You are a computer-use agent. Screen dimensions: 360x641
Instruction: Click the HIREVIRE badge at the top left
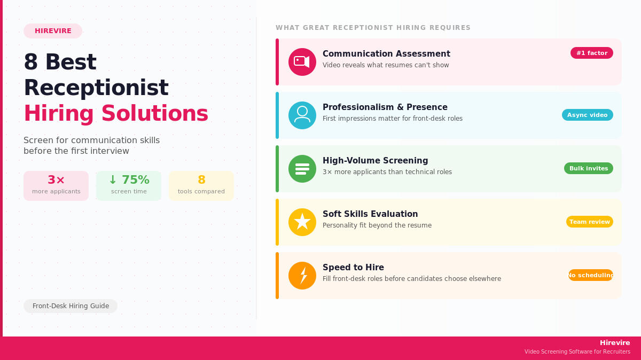click(x=53, y=31)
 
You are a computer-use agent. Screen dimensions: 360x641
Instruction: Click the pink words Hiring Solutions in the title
click(x=116, y=113)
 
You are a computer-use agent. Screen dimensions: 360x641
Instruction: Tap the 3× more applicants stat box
click(x=56, y=185)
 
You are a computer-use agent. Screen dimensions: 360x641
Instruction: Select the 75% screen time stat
click(x=129, y=185)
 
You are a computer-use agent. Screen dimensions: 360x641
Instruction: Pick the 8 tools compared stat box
click(x=201, y=185)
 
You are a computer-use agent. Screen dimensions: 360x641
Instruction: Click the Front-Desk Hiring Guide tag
click(x=71, y=306)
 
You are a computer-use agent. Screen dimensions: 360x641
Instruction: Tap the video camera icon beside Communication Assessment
click(x=302, y=62)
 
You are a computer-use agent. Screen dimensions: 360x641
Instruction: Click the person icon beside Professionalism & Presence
click(x=302, y=115)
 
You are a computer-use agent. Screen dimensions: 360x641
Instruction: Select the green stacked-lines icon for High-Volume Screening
click(x=302, y=169)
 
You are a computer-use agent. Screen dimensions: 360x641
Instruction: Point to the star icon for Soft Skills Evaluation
click(x=302, y=222)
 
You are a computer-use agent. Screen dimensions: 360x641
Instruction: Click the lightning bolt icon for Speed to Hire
click(x=302, y=276)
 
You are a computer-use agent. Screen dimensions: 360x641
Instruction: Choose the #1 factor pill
click(x=592, y=53)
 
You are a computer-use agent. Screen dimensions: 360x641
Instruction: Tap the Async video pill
click(x=588, y=115)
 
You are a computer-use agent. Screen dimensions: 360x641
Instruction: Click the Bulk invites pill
click(x=589, y=168)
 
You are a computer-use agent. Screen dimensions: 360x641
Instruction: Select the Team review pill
click(x=590, y=222)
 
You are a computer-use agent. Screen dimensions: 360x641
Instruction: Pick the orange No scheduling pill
click(x=591, y=275)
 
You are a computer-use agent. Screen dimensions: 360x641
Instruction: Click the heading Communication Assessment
click(x=386, y=54)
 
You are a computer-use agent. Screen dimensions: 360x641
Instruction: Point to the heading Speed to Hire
click(x=353, y=268)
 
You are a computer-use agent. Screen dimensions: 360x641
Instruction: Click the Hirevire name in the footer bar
click(x=615, y=343)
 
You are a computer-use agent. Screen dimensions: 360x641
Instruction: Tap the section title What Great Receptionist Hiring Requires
click(x=373, y=28)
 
